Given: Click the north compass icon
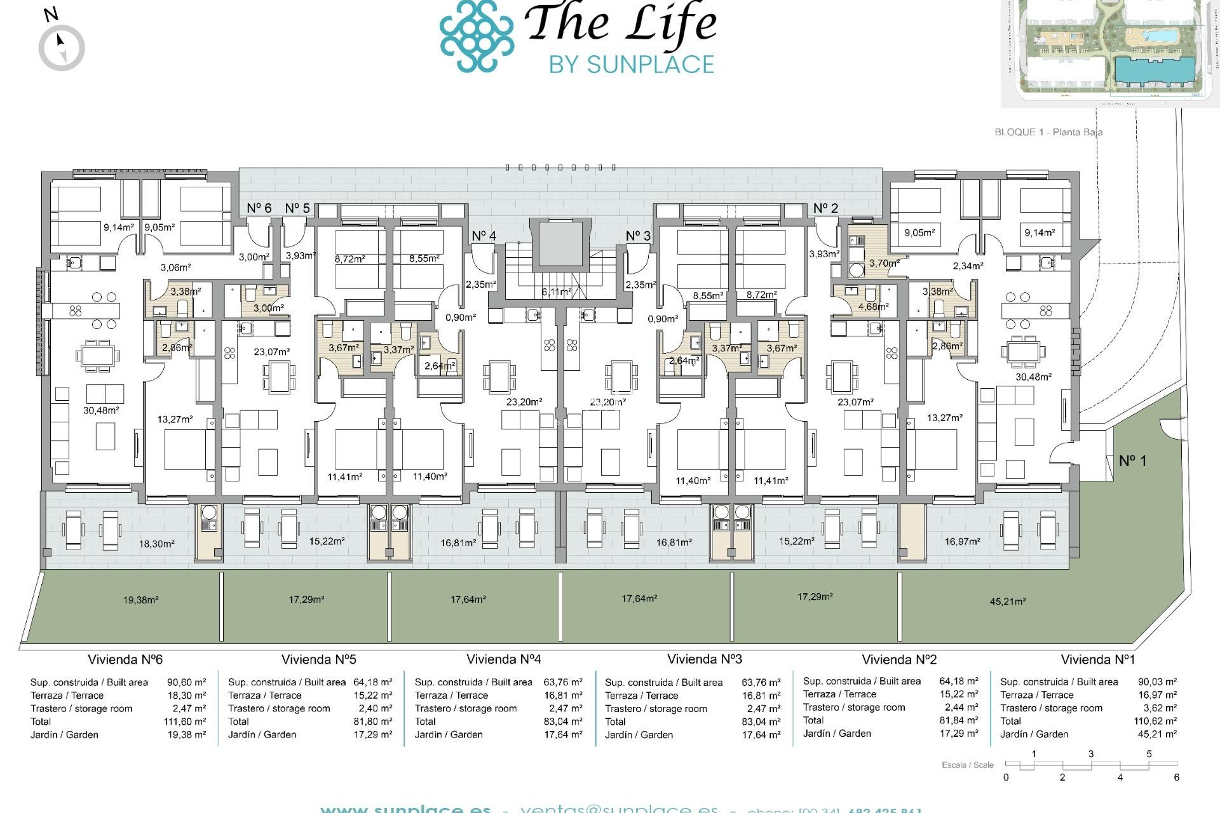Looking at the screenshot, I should click(62, 48).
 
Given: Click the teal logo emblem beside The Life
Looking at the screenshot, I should click(477, 36).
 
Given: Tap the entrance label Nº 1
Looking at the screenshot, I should click(1132, 460).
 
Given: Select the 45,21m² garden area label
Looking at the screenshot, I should click(1007, 601).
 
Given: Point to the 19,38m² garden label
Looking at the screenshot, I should click(140, 600).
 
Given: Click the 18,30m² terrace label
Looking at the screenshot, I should click(156, 544).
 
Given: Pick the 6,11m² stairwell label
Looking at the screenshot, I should click(556, 292).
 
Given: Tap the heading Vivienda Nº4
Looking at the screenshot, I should click(503, 659).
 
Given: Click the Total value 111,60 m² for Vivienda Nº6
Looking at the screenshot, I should click(184, 722).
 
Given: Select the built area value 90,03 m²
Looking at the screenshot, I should click(1156, 682).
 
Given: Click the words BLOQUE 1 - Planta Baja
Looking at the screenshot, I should click(1048, 132).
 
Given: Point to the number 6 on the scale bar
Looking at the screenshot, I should click(1176, 777).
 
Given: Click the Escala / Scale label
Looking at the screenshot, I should click(967, 765).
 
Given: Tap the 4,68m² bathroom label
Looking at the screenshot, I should click(873, 306).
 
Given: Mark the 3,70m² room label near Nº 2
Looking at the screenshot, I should click(884, 263).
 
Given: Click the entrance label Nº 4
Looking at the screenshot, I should click(484, 236).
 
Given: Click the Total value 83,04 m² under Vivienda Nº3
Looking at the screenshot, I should click(761, 722).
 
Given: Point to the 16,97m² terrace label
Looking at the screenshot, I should click(962, 541).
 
